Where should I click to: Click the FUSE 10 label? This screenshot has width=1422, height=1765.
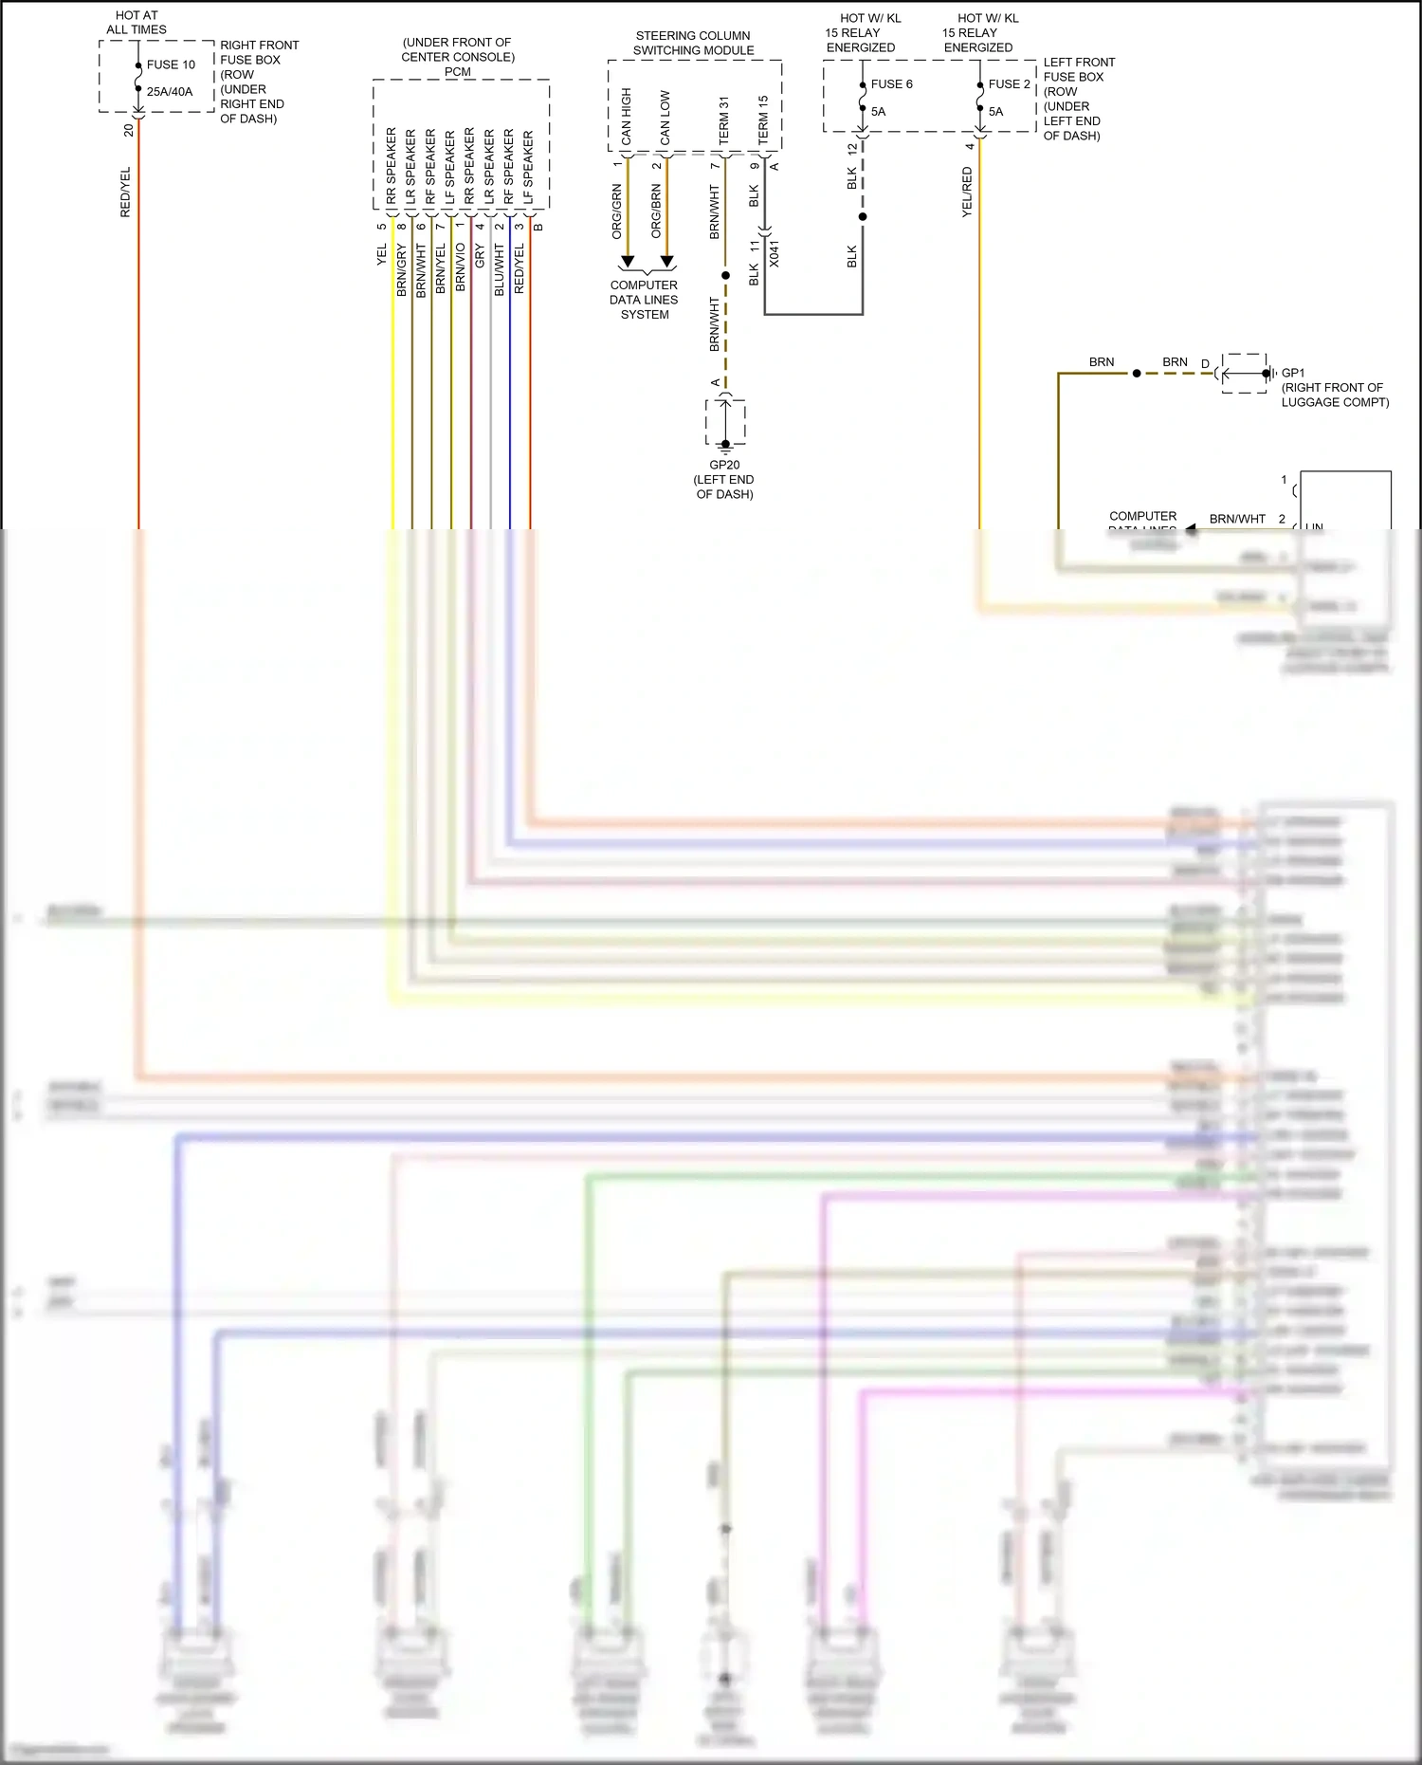(x=171, y=64)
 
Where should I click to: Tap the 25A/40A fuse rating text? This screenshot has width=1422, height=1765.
(x=169, y=92)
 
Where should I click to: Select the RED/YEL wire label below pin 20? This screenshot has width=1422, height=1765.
(x=125, y=193)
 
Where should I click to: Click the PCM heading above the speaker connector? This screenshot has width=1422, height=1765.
(x=457, y=72)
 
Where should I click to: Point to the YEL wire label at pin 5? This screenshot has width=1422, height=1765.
(x=382, y=254)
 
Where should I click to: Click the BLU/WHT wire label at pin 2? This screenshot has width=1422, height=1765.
(x=500, y=269)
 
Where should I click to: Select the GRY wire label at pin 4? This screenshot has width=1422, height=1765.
(x=480, y=254)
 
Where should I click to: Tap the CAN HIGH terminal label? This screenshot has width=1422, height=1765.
(x=627, y=116)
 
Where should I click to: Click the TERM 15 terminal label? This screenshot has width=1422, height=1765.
(x=763, y=120)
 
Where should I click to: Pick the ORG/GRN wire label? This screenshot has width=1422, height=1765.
(x=617, y=211)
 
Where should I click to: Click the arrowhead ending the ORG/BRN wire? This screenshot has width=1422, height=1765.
(x=666, y=261)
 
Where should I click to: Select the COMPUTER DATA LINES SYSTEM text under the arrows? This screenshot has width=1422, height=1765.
(x=644, y=300)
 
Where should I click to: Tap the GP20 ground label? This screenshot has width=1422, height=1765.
(x=724, y=465)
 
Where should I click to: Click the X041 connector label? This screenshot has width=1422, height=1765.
(x=775, y=253)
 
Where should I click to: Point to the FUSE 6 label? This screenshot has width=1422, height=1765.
(x=891, y=84)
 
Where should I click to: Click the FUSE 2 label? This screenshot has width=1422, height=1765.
(x=1009, y=84)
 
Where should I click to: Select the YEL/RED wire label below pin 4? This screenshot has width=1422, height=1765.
(x=967, y=193)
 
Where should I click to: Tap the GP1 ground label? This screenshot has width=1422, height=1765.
(x=1293, y=373)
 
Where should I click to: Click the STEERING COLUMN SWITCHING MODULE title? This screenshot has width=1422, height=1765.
(x=693, y=43)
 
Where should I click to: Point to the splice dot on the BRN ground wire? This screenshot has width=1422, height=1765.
(x=1137, y=374)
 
